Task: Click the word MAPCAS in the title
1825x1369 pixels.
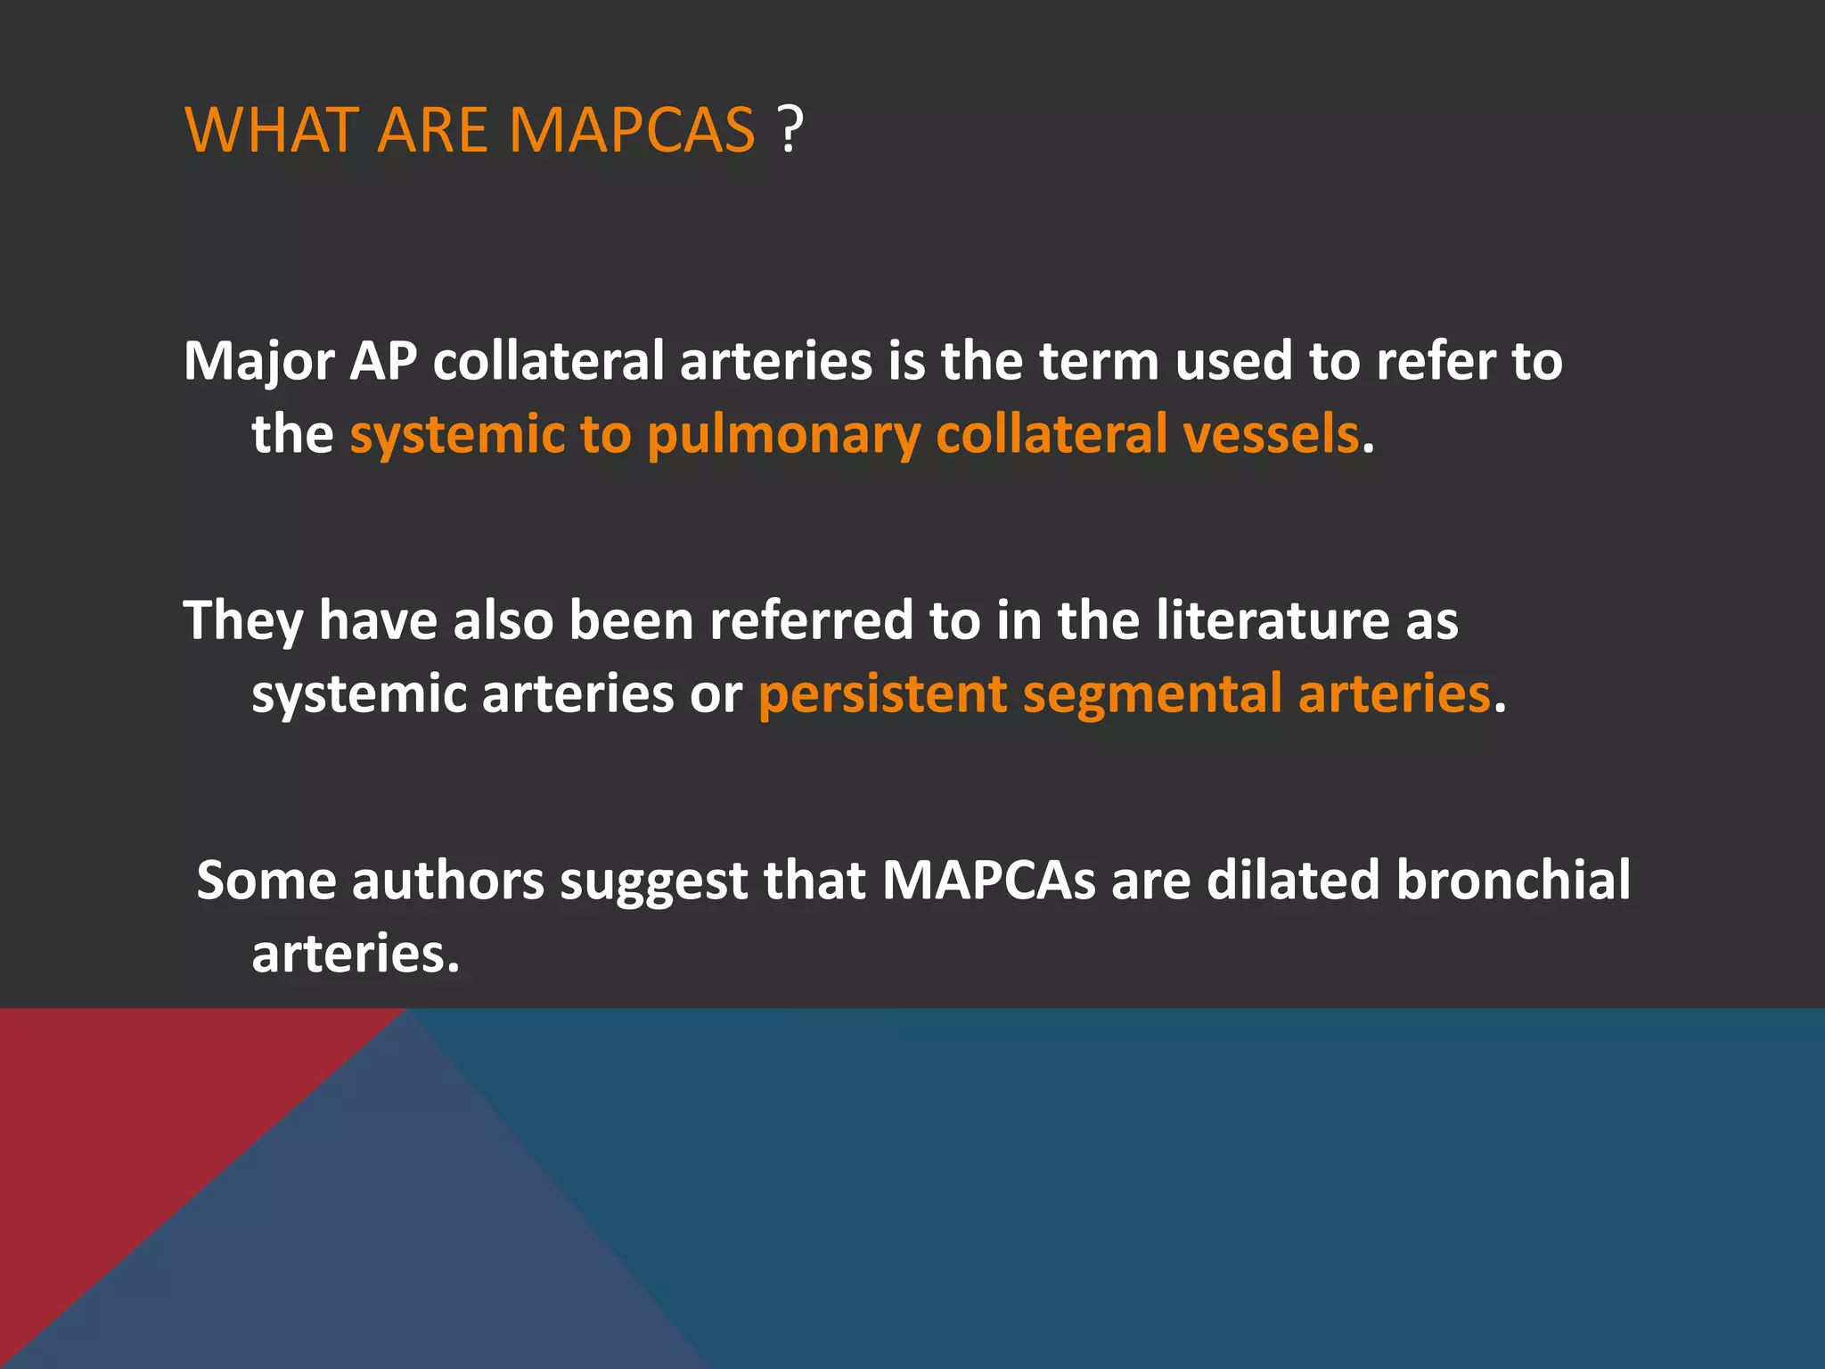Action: pyautogui.click(x=632, y=130)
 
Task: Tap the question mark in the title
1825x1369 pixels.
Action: pyautogui.click(x=790, y=130)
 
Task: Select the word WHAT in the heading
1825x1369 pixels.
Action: pyautogui.click(x=269, y=130)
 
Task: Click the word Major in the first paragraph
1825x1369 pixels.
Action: pyautogui.click(x=258, y=361)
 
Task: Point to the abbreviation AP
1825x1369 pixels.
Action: pyautogui.click(x=383, y=361)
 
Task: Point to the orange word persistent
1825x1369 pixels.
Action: pyautogui.click(x=882, y=693)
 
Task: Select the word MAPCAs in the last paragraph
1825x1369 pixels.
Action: pyautogui.click(x=988, y=880)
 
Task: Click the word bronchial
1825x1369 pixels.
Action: pyautogui.click(x=1513, y=880)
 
